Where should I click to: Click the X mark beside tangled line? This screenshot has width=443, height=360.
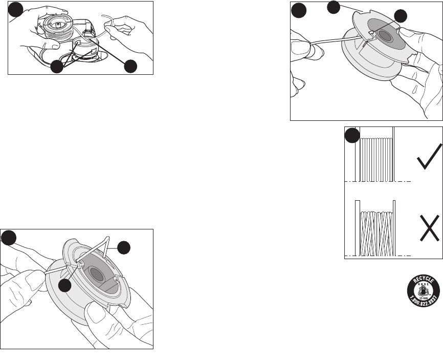tap(428, 228)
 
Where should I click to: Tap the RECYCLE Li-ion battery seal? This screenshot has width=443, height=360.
tap(424, 289)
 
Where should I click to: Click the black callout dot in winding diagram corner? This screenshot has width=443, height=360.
tap(351, 135)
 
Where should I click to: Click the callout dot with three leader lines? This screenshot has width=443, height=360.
tap(57, 67)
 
